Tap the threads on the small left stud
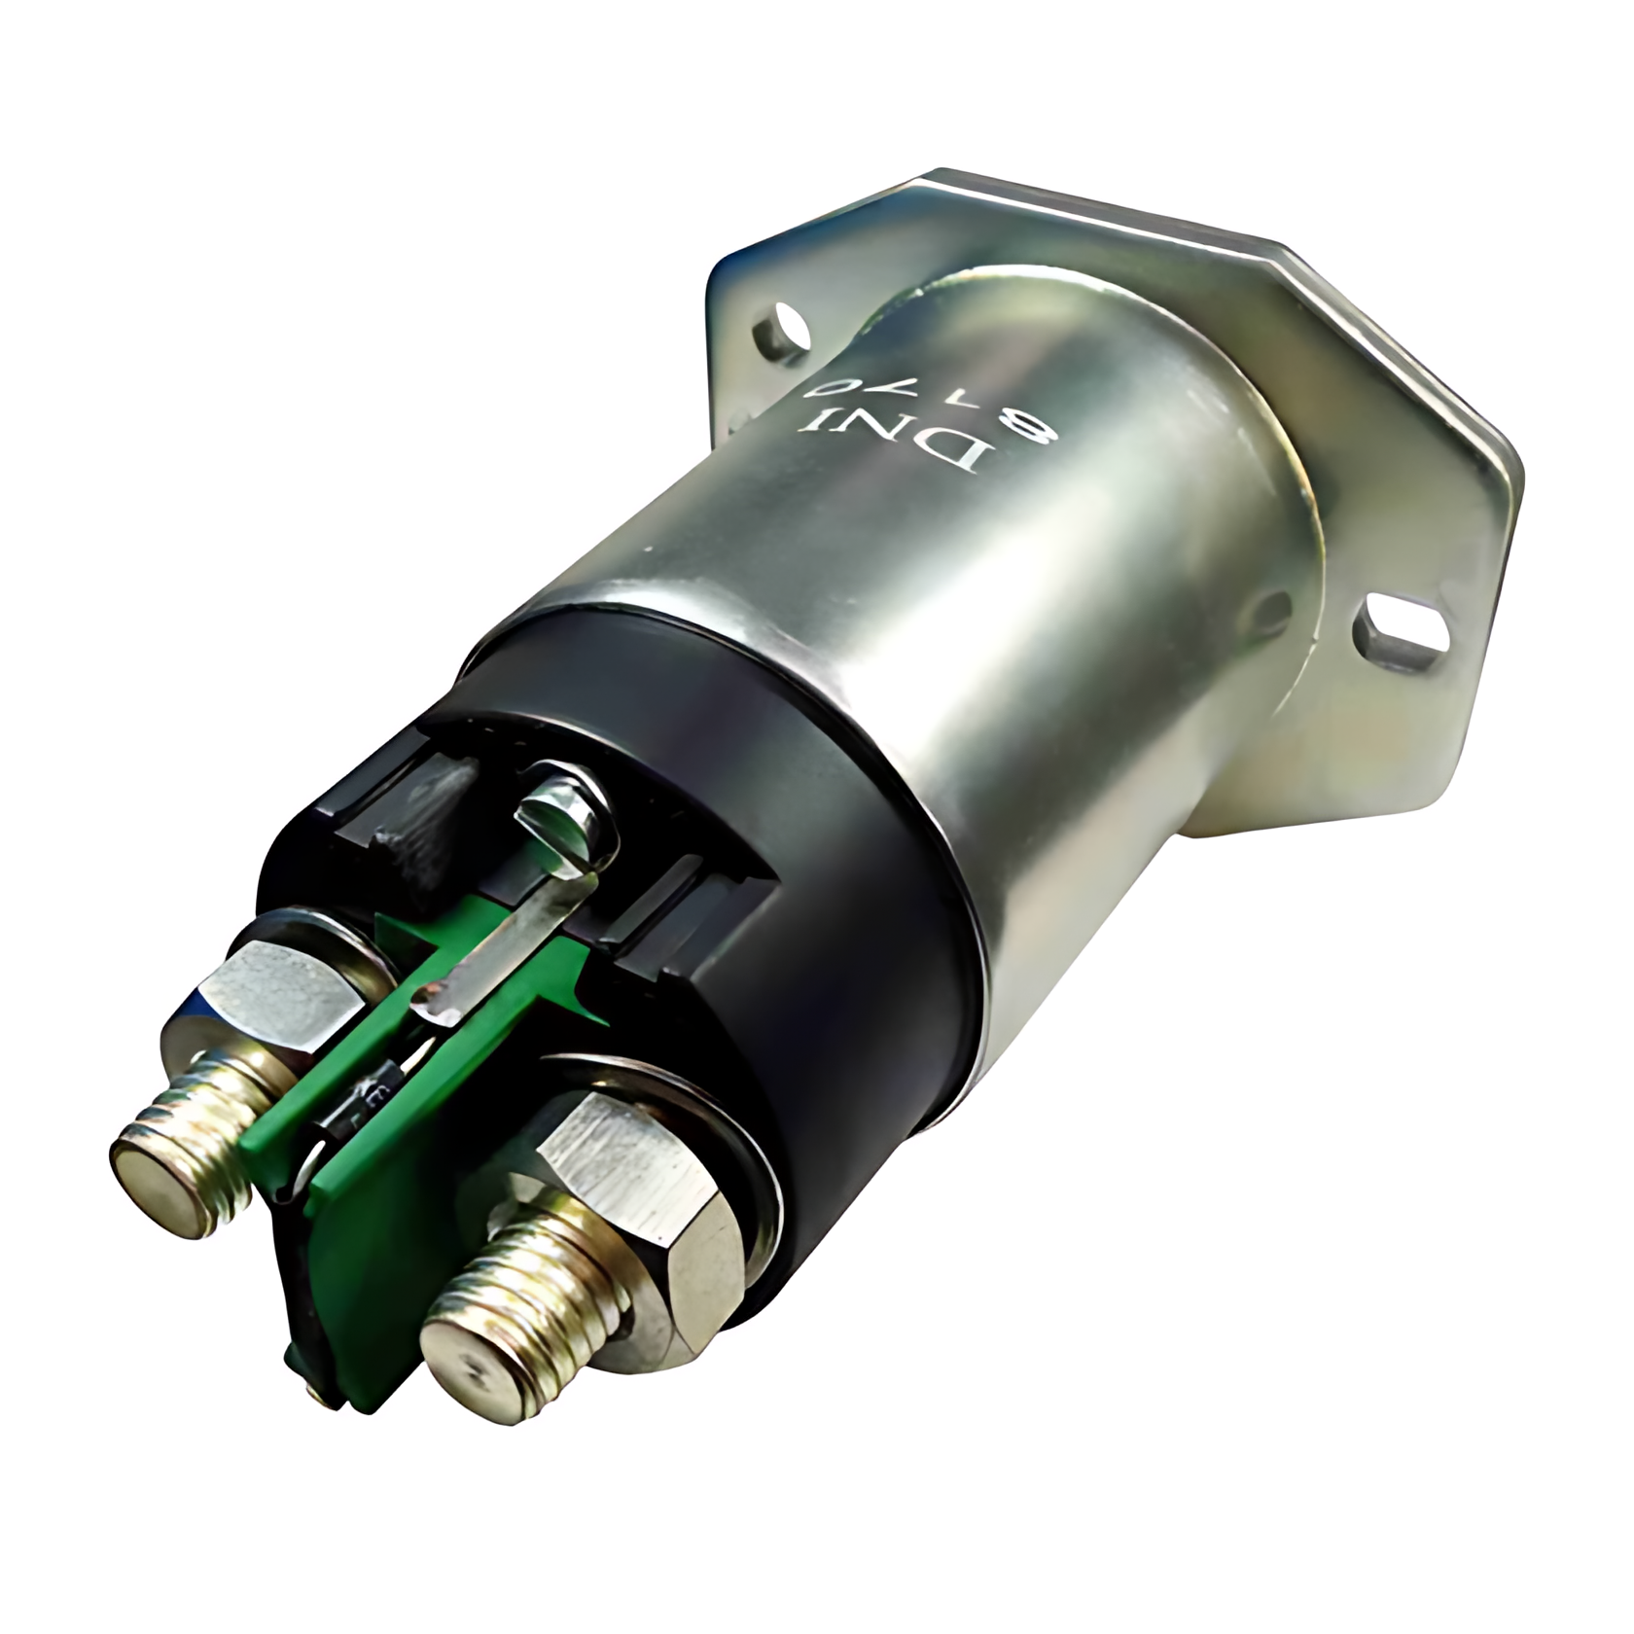[209, 1109]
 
